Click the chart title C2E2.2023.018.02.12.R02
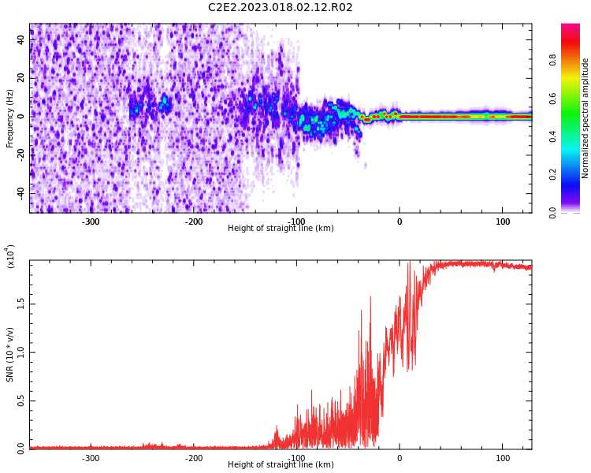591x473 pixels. (x=280, y=8)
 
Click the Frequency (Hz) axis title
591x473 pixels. (x=9, y=118)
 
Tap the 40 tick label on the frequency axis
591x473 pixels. (x=20, y=39)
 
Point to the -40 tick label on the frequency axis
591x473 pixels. (x=20, y=194)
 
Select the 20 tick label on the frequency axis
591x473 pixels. (x=20, y=78)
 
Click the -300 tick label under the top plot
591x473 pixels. (x=91, y=222)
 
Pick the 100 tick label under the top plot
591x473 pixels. (x=503, y=222)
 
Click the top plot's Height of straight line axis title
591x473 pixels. (x=281, y=228)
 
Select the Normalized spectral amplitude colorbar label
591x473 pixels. (x=585, y=118)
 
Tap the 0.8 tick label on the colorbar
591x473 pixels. (x=552, y=60)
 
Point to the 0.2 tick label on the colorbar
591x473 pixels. (x=552, y=175)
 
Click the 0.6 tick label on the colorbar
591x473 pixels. (x=552, y=99)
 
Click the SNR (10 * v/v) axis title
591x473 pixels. (x=9, y=355)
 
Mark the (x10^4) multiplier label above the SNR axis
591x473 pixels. (x=9, y=256)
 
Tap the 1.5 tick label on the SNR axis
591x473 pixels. (x=20, y=304)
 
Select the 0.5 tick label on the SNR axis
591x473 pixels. (x=20, y=401)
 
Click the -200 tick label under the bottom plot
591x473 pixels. (x=193, y=458)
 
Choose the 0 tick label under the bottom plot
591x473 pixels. (x=400, y=458)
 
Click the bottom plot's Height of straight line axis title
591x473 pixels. (x=281, y=464)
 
